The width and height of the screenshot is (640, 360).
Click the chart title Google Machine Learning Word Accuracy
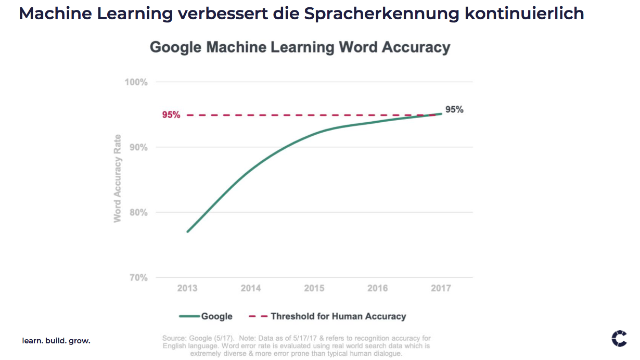pos(300,47)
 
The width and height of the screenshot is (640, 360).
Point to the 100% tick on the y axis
pos(136,82)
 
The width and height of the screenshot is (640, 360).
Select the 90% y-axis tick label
pos(137,147)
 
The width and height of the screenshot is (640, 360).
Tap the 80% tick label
pos(137,212)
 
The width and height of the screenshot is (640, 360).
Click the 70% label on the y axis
pos(137,278)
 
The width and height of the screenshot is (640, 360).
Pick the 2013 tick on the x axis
pos(187,288)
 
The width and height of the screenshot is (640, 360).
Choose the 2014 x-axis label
pos(251,288)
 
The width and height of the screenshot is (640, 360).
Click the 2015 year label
pos(314,288)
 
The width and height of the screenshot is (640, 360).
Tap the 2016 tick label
pos(377,288)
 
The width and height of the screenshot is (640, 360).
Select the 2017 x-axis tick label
pos(441,288)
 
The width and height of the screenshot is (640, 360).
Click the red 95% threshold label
pos(171,115)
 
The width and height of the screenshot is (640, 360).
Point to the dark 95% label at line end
pos(454,110)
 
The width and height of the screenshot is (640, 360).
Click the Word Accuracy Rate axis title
pos(118,178)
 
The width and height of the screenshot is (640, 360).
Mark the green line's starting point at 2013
pos(187,232)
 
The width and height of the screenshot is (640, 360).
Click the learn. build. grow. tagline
pos(56,341)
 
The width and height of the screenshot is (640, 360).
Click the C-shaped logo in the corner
pos(619,338)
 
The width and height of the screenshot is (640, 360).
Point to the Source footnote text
pos(296,346)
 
